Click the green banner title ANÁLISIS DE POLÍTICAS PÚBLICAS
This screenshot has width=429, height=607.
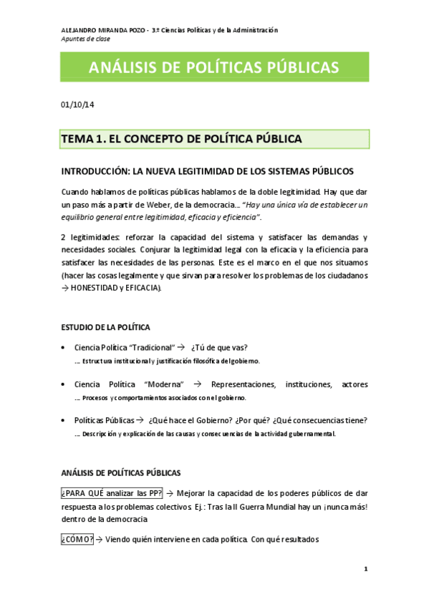coord(214,67)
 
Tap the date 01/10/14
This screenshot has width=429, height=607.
coord(77,105)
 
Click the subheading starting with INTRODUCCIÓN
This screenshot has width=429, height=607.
coord(207,172)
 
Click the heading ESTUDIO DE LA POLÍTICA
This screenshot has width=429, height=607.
coord(105,327)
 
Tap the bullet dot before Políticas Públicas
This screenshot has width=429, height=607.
coord(66,420)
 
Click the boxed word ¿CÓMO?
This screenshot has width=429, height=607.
coord(77,539)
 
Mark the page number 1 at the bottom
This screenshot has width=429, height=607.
coord(365,569)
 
